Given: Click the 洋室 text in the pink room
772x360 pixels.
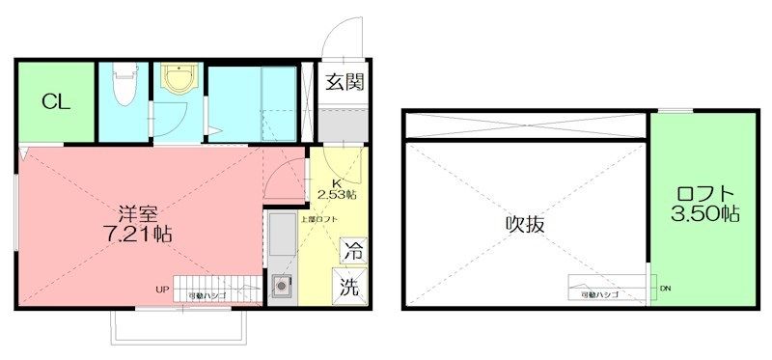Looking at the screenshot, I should (139, 211).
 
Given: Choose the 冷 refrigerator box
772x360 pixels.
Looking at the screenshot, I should (352, 251).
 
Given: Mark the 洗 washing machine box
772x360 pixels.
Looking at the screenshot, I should (352, 286).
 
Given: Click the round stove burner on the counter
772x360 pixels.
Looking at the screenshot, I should (283, 285).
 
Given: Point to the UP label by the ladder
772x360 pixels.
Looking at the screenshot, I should (162, 289).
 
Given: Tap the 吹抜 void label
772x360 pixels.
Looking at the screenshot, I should (526, 224).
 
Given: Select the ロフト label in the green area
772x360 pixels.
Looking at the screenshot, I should (706, 194).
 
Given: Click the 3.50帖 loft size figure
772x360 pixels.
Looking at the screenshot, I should (706, 215).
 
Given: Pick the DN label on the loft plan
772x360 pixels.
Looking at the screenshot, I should (665, 288).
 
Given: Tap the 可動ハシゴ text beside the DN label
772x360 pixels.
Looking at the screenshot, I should (601, 292).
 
